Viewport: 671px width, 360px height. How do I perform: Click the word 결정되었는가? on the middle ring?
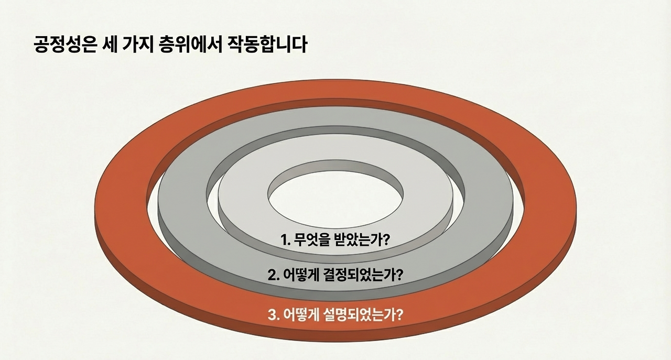(x=364, y=275)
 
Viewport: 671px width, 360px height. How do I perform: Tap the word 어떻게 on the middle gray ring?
(x=302, y=275)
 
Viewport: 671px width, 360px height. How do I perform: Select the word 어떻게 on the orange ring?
(x=302, y=315)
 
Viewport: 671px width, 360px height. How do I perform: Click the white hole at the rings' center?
(x=335, y=194)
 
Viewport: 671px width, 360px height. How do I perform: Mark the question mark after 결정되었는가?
(x=399, y=275)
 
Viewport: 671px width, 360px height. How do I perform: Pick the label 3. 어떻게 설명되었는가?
(x=335, y=315)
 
